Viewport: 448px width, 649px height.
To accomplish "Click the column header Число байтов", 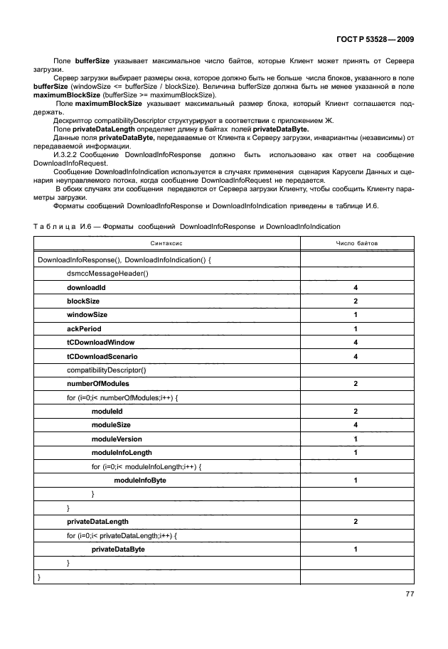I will click(356, 243).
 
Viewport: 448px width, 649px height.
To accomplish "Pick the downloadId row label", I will click(86, 287).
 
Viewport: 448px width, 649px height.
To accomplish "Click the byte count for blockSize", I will click(356, 301).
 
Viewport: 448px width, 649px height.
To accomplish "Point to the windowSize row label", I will click(87, 315).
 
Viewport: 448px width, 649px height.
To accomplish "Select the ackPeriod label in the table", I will click(85, 329).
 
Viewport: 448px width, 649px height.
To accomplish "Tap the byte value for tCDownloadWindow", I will click(356, 343).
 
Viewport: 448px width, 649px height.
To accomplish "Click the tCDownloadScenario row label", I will click(102, 356).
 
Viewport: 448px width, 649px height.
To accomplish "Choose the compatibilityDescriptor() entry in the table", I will click(106, 370).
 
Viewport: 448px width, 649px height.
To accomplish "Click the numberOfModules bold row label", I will click(98, 384).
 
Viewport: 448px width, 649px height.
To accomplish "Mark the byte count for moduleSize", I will click(356, 425).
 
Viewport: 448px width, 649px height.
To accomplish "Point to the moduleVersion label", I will click(117, 439).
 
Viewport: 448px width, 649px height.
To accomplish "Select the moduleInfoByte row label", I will click(140, 481).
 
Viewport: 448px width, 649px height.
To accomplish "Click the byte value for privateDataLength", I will click(356, 522).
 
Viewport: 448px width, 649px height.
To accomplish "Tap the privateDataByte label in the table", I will click(118, 549).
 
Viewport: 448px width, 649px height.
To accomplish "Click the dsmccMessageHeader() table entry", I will click(107, 274).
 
